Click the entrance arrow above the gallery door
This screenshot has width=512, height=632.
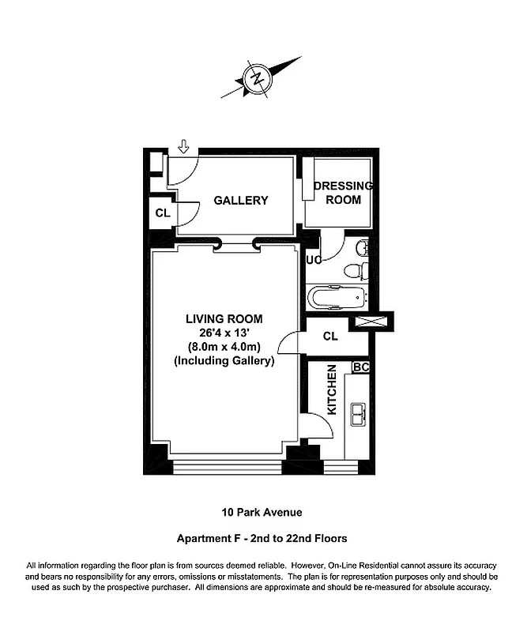(x=184, y=147)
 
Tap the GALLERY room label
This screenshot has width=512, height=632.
(x=241, y=201)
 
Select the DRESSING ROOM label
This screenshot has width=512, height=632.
(x=343, y=193)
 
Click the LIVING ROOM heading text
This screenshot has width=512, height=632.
(x=224, y=319)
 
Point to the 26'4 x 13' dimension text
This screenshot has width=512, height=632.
(x=224, y=333)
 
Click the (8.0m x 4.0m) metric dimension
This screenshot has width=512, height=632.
(x=224, y=347)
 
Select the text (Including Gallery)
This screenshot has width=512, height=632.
(x=224, y=361)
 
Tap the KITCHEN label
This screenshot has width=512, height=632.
(x=333, y=391)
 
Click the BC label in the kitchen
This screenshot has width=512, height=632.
(x=360, y=367)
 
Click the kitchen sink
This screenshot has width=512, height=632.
(x=358, y=414)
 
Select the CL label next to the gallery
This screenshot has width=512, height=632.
(x=162, y=213)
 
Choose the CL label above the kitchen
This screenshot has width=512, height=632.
(x=330, y=337)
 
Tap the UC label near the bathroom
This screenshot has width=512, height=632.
(x=313, y=260)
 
